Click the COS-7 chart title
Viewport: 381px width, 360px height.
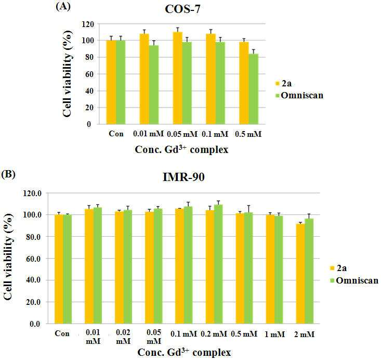182,9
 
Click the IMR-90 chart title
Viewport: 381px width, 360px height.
183,177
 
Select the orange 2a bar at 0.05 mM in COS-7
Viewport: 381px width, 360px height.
178,78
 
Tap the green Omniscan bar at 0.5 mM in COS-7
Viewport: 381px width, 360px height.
254,89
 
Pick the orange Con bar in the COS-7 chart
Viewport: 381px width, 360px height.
111,82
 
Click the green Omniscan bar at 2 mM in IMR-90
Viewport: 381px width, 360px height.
309,271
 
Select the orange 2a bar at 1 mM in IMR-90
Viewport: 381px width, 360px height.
270,269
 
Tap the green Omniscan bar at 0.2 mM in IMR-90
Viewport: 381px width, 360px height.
218,264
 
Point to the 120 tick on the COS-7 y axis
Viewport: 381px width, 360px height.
88,24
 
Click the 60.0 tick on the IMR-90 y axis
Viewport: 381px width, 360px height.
34,259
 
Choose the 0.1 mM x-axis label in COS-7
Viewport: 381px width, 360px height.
215,134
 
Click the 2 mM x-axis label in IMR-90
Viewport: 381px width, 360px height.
304,334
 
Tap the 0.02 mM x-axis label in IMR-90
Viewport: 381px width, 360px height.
123,337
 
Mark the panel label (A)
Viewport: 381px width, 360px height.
63,6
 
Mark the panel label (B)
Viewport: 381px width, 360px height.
8,174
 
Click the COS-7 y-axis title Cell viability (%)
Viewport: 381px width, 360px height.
67,74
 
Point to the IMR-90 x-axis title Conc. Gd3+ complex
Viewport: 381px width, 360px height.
184,352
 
